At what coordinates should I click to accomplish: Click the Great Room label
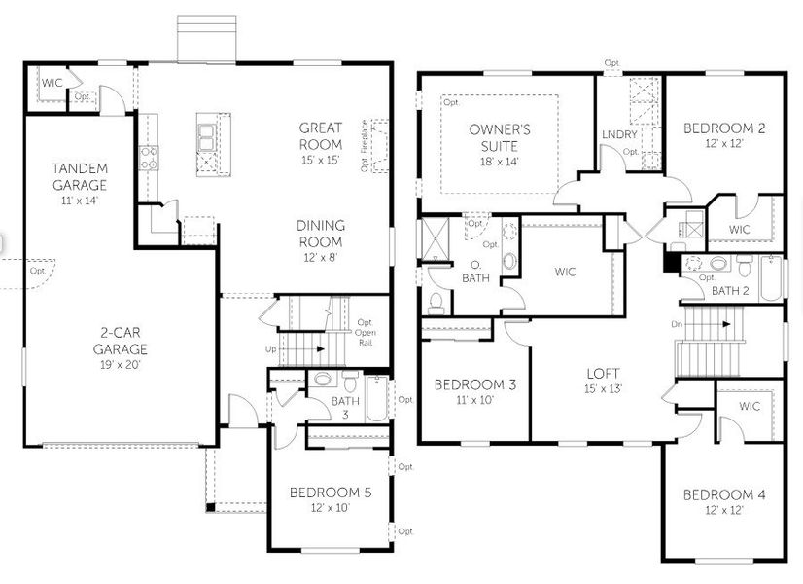320,135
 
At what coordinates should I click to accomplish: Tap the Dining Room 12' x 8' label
320,233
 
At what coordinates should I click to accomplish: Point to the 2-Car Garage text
121,341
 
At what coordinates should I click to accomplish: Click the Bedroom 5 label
331,499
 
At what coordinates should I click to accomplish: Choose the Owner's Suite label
499,136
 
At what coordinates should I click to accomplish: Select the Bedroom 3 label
474,390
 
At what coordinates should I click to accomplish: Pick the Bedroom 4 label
723,501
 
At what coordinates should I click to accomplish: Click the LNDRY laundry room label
618,135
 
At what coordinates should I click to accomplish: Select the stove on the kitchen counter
149,158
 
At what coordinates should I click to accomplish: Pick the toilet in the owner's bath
436,302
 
